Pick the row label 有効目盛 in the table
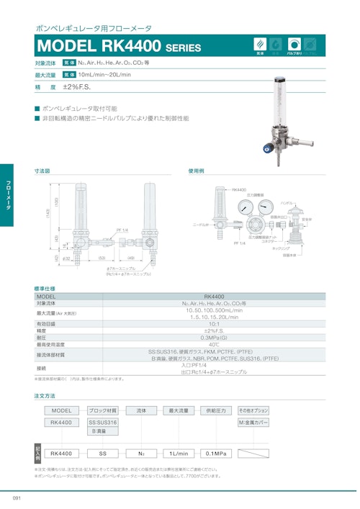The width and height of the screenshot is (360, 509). (x=47, y=324)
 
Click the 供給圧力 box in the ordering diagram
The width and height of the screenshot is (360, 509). (x=215, y=410)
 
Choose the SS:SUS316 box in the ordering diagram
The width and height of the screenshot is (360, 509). (x=103, y=423)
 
